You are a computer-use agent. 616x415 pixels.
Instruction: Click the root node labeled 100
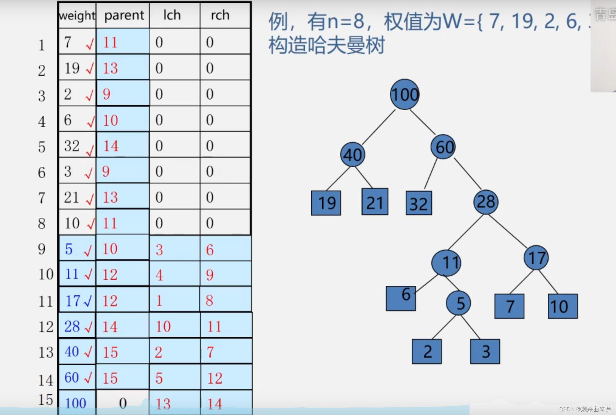click(x=405, y=94)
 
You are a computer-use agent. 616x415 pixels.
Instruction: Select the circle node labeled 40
click(x=352, y=155)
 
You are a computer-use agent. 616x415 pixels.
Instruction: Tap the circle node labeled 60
click(x=443, y=147)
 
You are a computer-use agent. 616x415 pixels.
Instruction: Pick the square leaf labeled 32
click(x=419, y=203)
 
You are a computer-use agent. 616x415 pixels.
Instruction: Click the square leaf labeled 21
click(x=375, y=202)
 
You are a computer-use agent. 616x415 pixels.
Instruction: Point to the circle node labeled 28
click(x=486, y=202)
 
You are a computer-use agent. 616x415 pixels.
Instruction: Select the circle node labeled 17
click(x=536, y=258)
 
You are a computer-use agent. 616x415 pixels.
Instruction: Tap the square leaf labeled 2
click(x=427, y=352)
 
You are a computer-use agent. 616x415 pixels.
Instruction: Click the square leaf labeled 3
click(x=485, y=352)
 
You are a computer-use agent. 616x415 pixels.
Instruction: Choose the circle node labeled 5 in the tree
click(x=458, y=303)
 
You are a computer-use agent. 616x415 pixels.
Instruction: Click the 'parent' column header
click(x=124, y=15)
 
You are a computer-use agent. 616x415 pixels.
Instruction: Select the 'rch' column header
click(x=220, y=15)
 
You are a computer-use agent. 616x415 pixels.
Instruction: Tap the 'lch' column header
click(x=172, y=15)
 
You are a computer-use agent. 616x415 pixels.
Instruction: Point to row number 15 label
click(x=46, y=400)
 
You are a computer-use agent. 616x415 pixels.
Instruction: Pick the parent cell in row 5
click(x=123, y=146)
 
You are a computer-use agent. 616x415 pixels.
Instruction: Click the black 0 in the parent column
click(x=123, y=403)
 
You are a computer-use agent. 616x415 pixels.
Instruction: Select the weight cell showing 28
click(x=77, y=326)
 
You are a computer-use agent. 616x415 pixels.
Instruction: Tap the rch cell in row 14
click(x=226, y=378)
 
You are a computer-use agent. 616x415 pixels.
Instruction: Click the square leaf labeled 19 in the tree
click(x=326, y=203)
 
